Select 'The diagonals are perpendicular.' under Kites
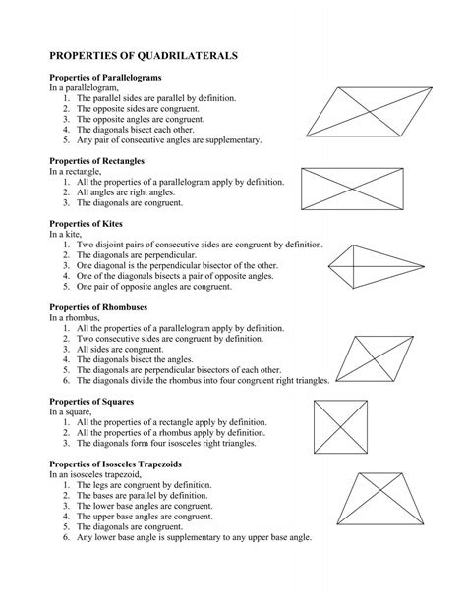pos(139,255)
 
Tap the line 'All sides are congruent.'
pos(128,349)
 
